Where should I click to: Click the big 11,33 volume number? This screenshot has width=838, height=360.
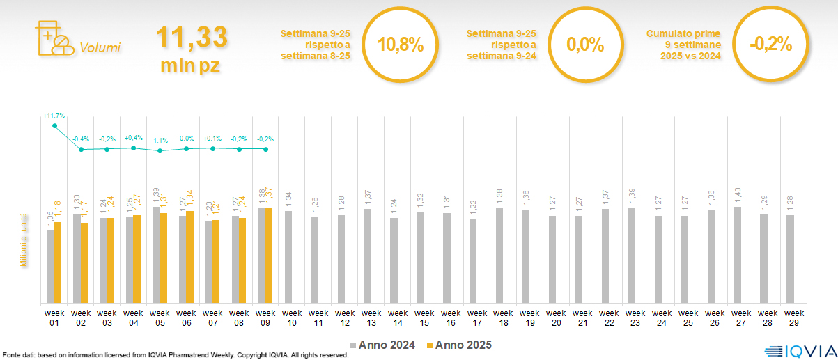coord(192,38)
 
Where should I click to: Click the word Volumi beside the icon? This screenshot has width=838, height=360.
coord(100,48)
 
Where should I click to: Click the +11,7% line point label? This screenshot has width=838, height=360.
coord(54,115)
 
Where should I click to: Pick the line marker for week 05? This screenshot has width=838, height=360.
coord(160,150)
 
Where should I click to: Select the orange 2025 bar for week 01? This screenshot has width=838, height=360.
coord(58,263)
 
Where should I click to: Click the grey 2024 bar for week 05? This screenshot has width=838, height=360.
coord(156,255)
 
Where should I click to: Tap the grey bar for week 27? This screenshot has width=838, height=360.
coord(738,255)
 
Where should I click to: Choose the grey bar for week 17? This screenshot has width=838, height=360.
coord(473,261)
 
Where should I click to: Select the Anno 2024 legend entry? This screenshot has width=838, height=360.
coord(383,345)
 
